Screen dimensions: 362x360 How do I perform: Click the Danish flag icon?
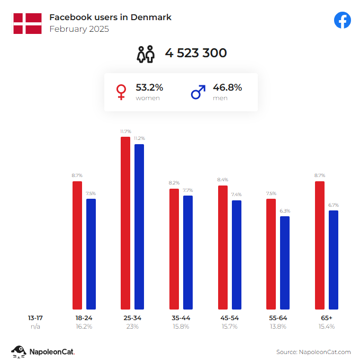tap(28, 24)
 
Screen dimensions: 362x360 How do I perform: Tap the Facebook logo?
tap(343, 20)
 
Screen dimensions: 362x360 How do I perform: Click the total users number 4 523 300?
tap(196, 53)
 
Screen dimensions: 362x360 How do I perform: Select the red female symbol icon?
tap(121, 93)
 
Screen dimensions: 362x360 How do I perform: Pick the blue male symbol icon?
tap(198, 93)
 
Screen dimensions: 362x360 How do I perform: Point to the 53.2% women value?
tap(149, 87)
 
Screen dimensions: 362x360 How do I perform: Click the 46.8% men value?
tap(227, 87)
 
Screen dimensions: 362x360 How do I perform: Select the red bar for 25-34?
tap(125, 223)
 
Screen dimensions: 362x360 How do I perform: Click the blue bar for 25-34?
tap(139, 226)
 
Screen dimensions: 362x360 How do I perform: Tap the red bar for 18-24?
tap(77, 245)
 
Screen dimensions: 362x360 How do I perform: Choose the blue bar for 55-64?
tap(285, 262)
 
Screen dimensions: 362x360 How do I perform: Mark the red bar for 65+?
tap(319, 245)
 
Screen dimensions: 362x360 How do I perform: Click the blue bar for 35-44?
tap(188, 252)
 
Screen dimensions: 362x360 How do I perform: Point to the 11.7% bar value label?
tap(125, 131)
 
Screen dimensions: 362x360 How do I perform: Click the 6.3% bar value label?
tap(285, 210)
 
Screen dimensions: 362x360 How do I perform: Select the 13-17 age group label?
tap(35, 317)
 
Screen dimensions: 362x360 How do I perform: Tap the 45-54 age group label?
tap(229, 317)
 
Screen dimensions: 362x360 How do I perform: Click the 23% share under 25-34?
tap(132, 326)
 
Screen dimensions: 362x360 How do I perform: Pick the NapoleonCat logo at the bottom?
tap(43, 351)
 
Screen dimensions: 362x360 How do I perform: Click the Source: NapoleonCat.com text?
tap(313, 351)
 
